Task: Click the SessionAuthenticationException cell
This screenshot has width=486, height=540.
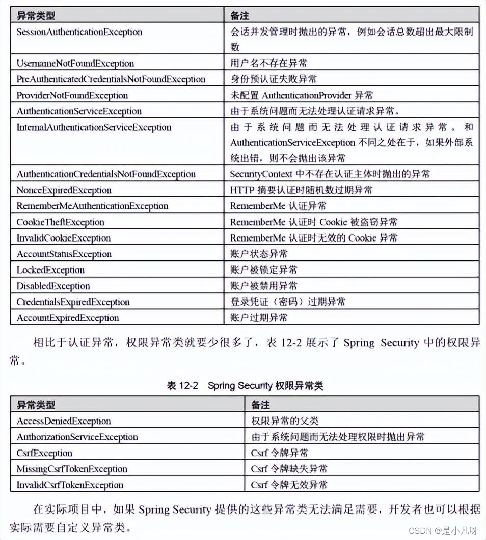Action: point(79,32)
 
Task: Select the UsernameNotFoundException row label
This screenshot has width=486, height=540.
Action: point(75,64)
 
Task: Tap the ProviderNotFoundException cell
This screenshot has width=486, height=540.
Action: point(72,95)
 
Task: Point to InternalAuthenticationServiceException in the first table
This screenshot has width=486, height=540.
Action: point(94,127)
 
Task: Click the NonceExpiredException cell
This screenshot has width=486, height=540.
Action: point(64,190)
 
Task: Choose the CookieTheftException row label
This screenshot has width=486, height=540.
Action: point(60,222)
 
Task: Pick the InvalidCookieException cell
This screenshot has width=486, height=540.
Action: point(64,238)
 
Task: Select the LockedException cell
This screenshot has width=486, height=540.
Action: point(50,270)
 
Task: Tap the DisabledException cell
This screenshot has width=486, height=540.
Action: point(53,286)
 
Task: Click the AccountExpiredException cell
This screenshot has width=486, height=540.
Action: point(68,318)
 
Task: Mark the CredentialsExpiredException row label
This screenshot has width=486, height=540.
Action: point(73,302)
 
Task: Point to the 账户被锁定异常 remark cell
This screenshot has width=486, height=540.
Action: point(264,270)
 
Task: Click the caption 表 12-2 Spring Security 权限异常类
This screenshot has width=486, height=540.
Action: point(245,386)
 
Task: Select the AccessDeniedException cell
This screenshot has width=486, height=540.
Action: point(64,421)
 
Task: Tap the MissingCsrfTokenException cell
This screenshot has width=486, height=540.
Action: point(72,469)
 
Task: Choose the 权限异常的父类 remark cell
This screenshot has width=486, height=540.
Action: point(280,421)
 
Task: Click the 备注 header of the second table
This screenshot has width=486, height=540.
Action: point(260,405)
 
